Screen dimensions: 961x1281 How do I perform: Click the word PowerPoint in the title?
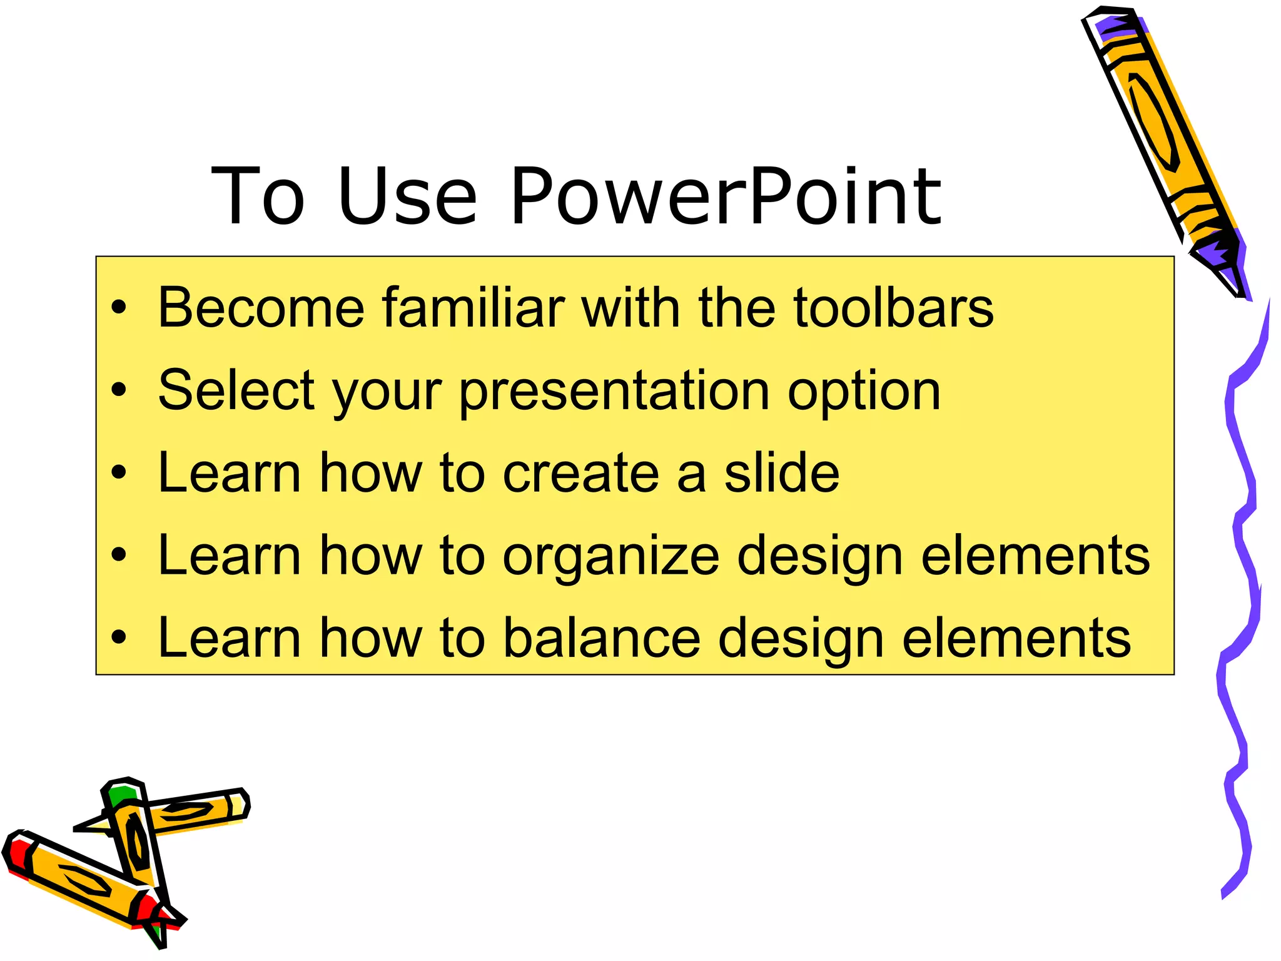[726, 196]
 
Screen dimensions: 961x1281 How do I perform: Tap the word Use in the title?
[407, 196]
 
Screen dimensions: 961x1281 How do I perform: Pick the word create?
[581, 474]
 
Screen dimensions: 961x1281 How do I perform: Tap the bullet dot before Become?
[119, 308]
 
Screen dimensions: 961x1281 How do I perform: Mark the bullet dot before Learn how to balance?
[119, 638]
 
